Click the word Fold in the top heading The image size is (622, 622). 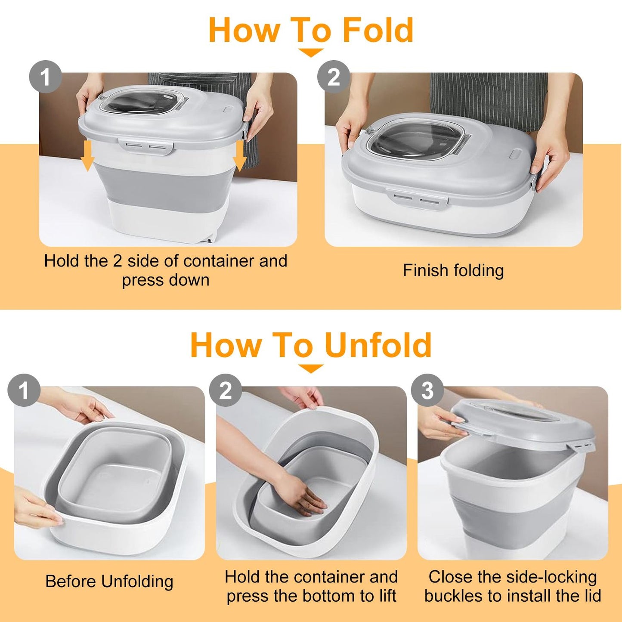pos(378,30)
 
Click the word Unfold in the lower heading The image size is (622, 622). pos(379,345)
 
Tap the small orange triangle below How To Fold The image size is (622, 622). pos(310,53)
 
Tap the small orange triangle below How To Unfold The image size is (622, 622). pos(311,368)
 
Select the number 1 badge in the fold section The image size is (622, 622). pos(46,77)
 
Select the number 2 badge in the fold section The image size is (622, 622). pos(333,77)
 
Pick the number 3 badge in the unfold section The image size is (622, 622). pos(427,390)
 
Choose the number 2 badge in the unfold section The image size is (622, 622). pos(225,390)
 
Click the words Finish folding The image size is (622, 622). pos(453,270)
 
